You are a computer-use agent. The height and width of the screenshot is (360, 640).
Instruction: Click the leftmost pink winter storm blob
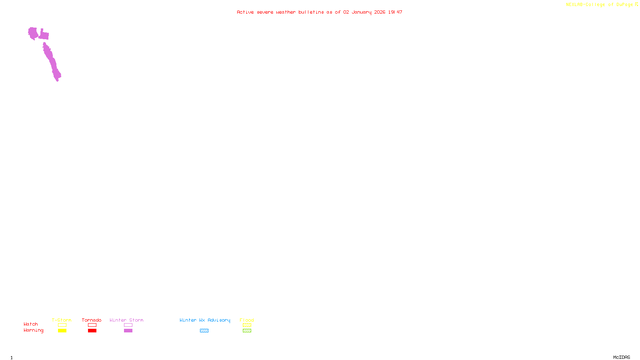33,33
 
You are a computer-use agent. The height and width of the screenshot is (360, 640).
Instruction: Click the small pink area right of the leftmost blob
44,35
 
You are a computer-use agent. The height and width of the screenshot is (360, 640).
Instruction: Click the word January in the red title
362,12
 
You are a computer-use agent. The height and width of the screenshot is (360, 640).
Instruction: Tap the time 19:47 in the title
395,12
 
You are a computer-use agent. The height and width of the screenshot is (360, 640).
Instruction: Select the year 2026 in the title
380,12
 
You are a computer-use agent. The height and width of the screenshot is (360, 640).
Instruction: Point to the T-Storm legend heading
62,320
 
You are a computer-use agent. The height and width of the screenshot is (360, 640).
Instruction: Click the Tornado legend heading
92,320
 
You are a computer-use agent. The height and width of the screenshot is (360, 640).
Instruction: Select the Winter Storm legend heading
126,320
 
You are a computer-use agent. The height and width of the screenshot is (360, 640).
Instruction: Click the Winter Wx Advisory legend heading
205,320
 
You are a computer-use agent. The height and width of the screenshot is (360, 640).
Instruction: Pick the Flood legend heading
247,320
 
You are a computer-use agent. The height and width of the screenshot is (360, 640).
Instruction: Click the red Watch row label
31,324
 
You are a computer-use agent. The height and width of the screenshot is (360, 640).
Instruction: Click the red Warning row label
34,330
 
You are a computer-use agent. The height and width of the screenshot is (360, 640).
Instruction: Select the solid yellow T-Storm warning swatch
62,331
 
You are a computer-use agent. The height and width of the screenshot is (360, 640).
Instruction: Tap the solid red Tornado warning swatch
92,331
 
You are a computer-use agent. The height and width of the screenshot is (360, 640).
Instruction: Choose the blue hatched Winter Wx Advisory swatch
204,331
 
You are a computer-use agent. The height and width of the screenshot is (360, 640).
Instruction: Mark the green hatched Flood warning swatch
247,331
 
